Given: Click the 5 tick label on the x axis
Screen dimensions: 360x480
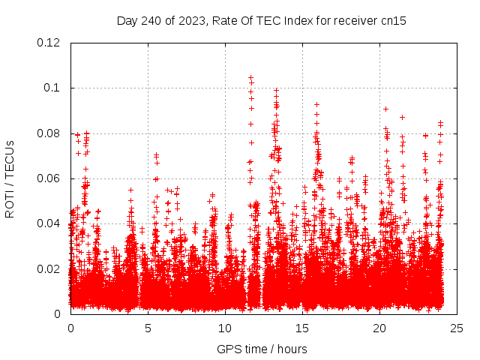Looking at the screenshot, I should [148, 328].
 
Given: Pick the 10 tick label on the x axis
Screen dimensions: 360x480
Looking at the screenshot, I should [225, 328].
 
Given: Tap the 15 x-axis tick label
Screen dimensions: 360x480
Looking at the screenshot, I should [302, 328].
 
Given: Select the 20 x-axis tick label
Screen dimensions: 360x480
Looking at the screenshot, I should [379, 328].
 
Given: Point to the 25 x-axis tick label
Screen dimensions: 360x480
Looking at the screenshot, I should [457, 328].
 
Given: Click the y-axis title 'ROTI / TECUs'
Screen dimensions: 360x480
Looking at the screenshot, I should [10, 178].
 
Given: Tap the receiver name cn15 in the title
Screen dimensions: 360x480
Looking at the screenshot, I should [393, 20].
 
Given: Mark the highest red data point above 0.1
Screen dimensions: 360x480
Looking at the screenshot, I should [250, 77].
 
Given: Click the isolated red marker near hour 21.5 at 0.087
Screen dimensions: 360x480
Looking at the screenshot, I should [403, 117].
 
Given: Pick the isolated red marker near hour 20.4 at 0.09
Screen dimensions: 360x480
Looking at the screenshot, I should [385, 109].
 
